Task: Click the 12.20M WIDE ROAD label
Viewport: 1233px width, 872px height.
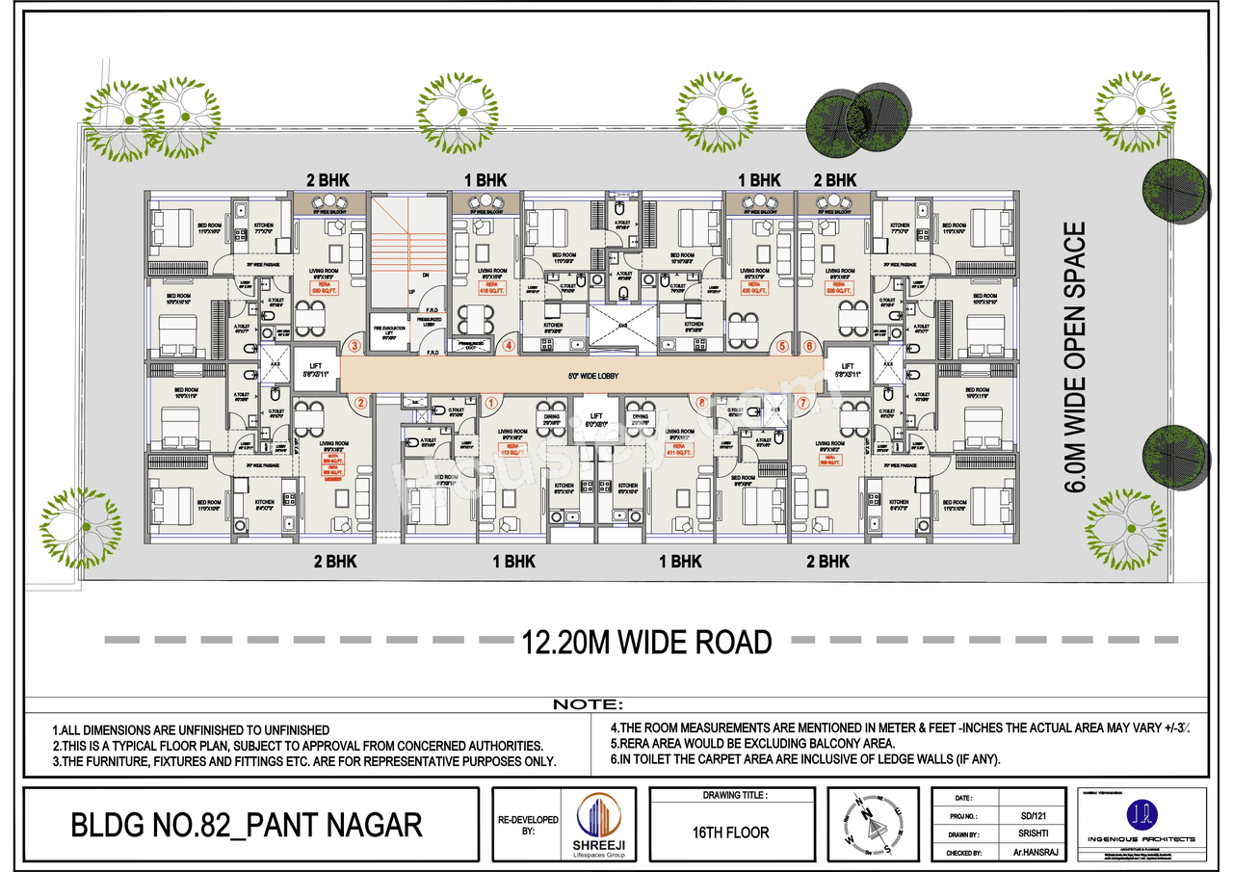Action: [x=646, y=641]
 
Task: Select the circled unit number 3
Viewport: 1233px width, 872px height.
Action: [x=355, y=345]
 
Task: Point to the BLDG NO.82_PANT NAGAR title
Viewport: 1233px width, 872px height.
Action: [x=247, y=826]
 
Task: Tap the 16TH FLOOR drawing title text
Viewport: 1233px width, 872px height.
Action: [x=732, y=832]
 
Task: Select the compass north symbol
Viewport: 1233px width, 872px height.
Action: [x=869, y=820]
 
